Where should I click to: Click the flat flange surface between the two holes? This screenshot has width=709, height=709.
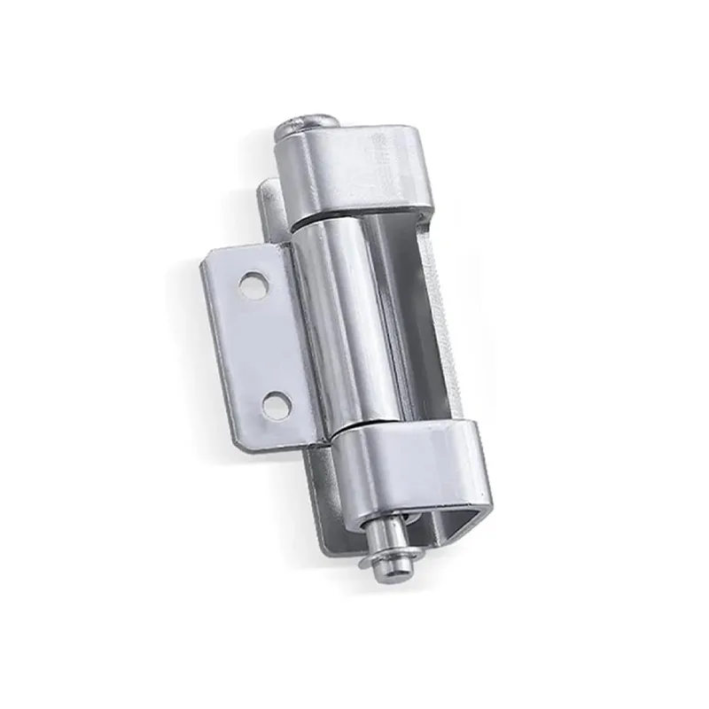(264, 346)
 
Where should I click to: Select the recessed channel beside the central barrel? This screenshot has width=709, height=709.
(399, 319)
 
